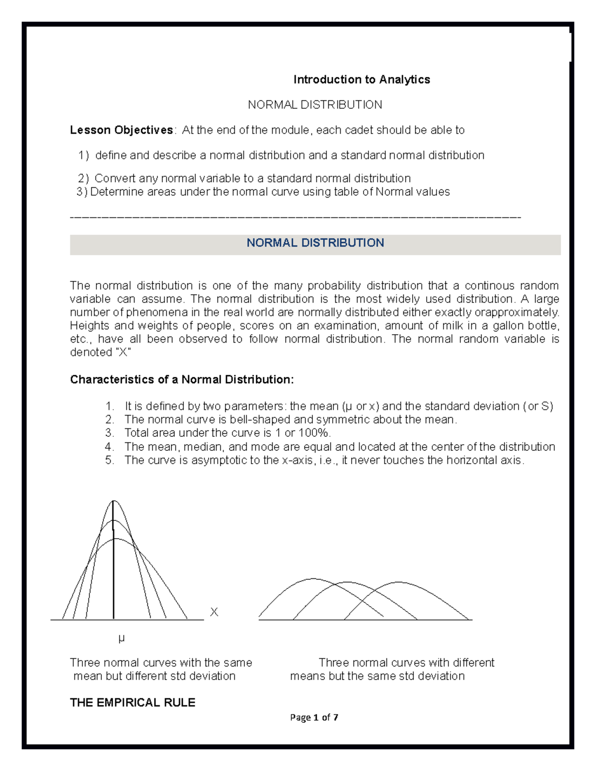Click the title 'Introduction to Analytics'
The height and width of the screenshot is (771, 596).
pos(361,79)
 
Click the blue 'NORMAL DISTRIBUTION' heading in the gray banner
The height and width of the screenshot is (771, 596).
pos(315,243)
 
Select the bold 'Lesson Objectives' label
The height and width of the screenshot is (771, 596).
pos(121,130)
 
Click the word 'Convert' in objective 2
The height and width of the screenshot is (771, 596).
pos(115,178)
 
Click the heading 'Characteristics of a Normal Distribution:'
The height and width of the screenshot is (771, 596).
pos(182,380)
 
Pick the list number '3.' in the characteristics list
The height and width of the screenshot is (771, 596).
pos(109,433)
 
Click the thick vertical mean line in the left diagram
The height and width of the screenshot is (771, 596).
pos(114,561)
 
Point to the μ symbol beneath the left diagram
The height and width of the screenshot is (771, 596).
pos(121,638)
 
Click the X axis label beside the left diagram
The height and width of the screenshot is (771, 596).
pos(214,612)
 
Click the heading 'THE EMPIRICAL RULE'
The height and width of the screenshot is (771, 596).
pos(133,702)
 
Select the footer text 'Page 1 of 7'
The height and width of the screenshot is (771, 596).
pos(314,717)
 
